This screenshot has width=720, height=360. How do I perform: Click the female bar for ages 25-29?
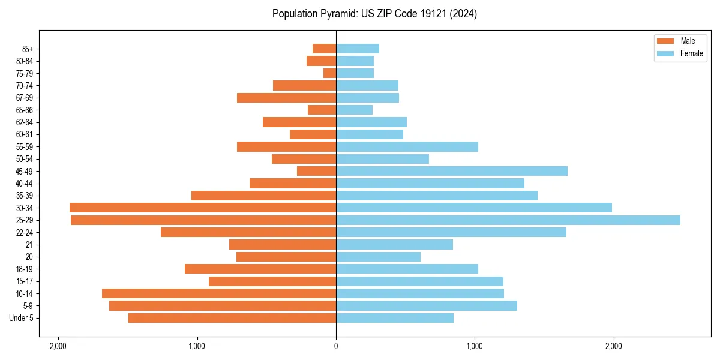508,220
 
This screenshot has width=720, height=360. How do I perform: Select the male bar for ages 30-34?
203,208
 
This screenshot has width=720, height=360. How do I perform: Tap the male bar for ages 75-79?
329,73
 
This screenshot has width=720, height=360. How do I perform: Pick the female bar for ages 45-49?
451,171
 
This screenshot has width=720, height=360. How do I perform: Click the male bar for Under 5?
232,318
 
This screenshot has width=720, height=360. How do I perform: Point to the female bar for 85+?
357,49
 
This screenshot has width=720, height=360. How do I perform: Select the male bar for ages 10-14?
219,293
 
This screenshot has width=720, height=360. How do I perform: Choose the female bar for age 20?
378,257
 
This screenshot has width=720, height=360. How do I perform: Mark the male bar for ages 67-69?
286,98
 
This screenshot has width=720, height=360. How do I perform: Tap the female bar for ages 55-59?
407,146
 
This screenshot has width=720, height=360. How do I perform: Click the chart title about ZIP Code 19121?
374,14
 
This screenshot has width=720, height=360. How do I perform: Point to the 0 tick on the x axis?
336,346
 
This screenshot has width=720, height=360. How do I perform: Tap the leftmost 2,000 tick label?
58,346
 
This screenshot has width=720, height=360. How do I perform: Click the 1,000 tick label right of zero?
475,346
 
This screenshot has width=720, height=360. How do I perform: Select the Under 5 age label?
22,318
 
